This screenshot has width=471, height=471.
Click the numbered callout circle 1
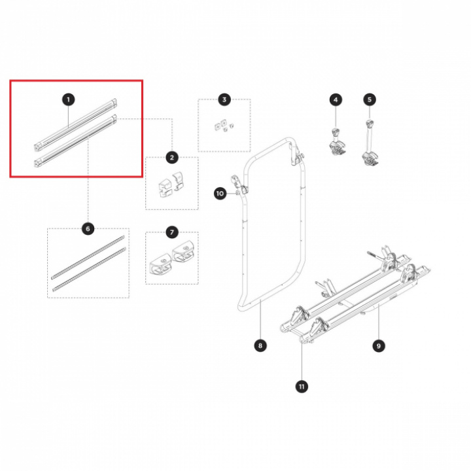point(69,99)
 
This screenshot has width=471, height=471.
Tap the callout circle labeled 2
point(172,158)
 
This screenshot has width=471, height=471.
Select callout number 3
point(224,99)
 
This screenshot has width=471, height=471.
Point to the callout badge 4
point(336,99)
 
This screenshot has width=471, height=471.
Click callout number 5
point(370,99)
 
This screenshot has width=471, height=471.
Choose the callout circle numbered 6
point(88,229)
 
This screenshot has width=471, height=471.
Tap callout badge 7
point(172,232)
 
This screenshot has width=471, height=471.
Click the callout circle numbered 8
point(260,345)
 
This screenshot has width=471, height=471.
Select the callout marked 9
point(379,346)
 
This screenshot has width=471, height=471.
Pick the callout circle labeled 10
point(220,194)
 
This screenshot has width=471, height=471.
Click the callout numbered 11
point(302,387)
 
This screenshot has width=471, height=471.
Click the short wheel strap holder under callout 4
point(338,142)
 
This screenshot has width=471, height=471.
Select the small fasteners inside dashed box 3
point(224,126)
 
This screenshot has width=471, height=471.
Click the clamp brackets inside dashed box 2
point(170,184)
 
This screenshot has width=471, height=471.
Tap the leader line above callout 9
point(379,322)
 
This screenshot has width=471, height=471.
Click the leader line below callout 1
point(69,116)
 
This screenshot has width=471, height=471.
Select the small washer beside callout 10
point(237,193)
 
